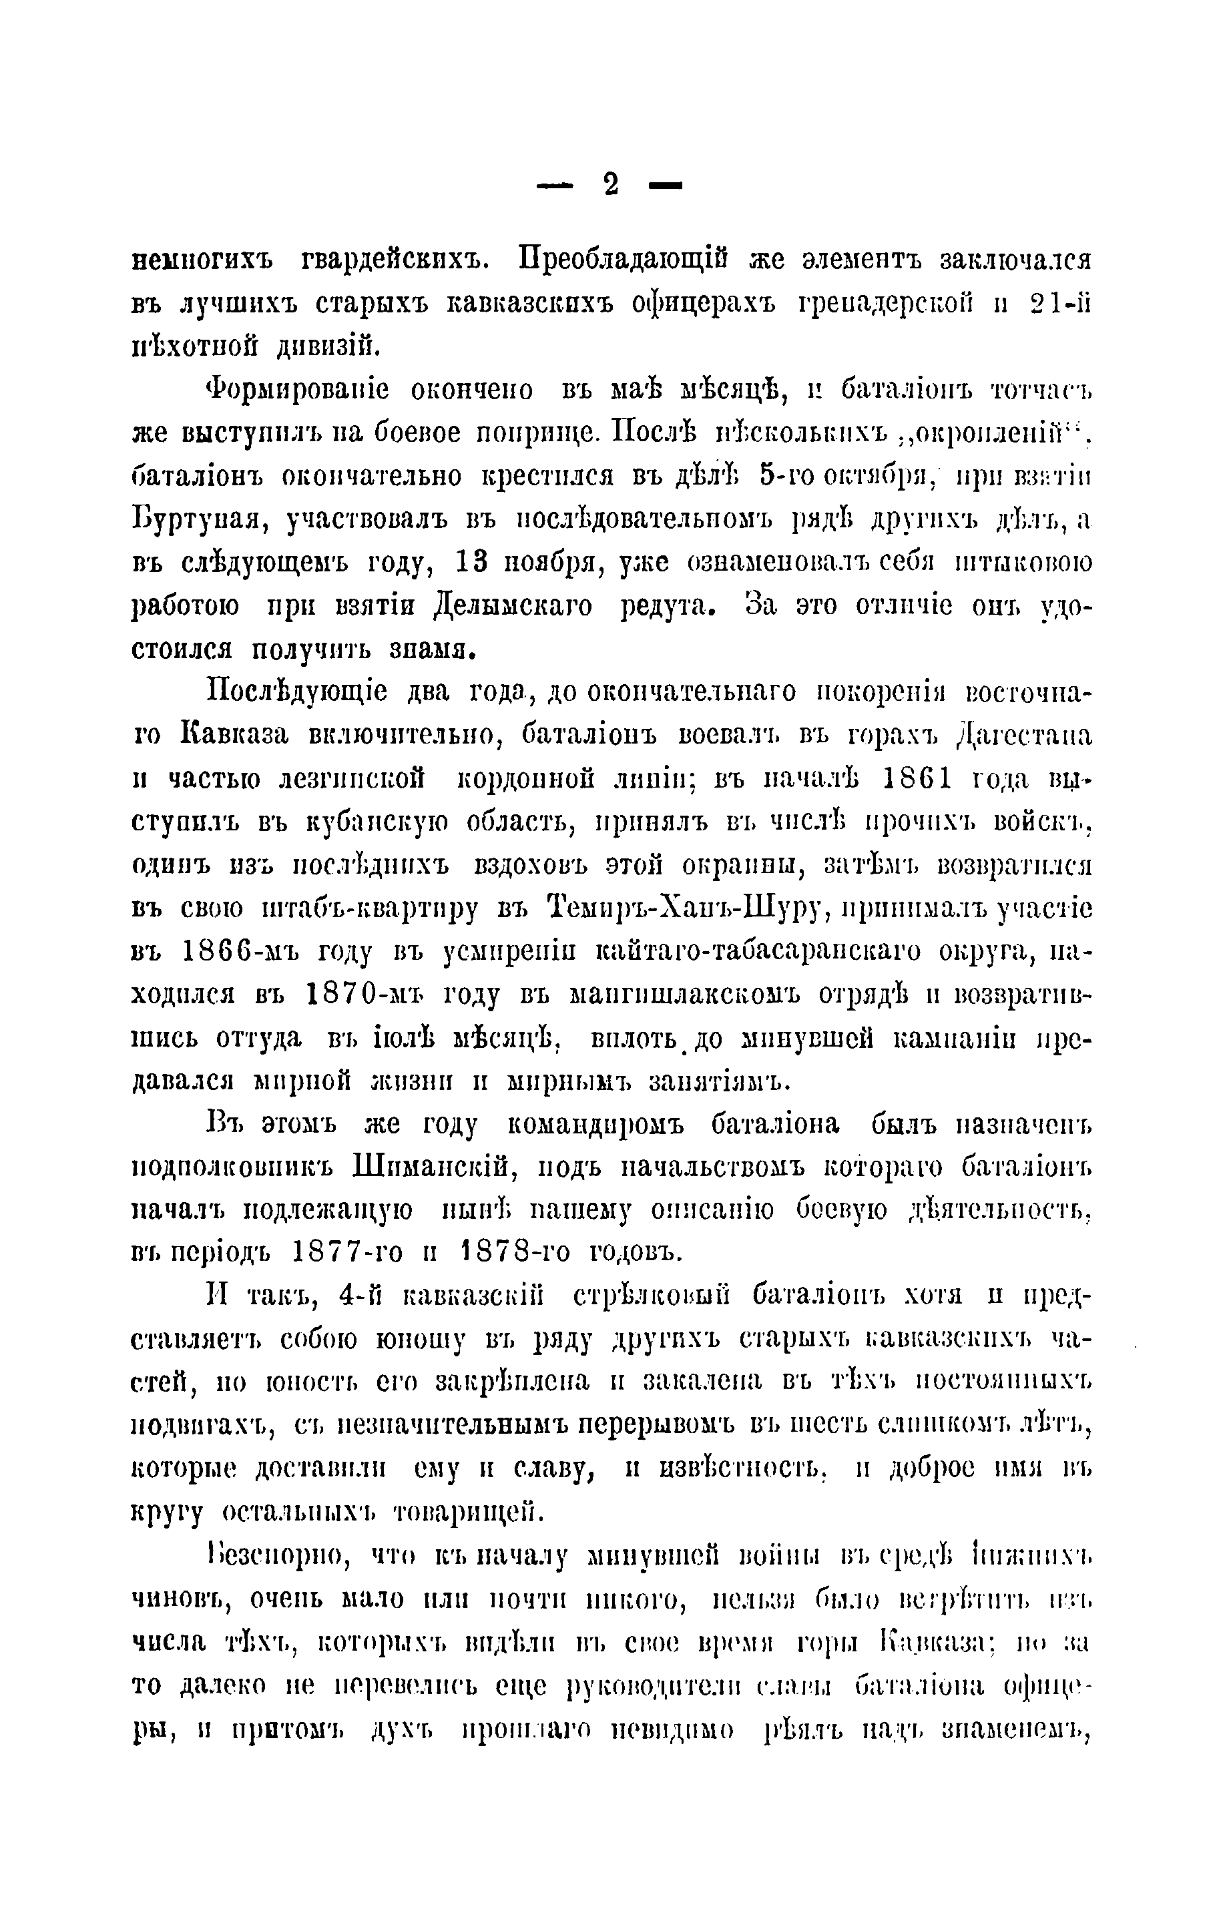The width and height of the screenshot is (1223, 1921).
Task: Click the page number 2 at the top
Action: coord(610,185)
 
